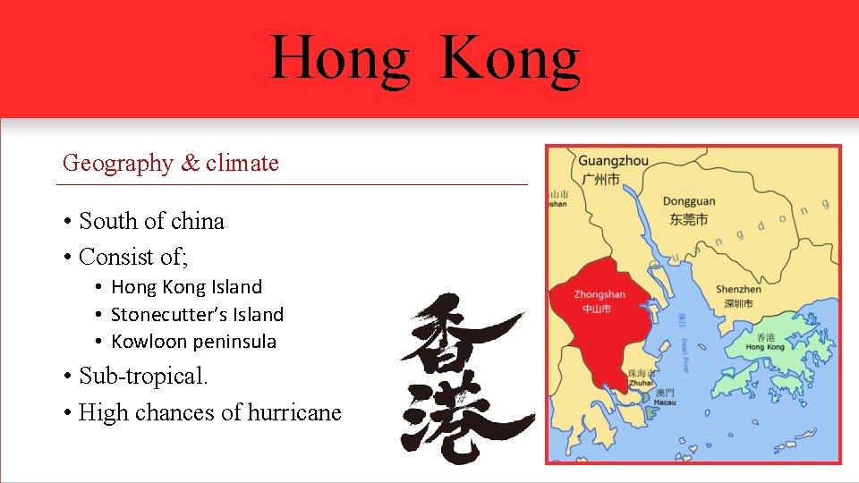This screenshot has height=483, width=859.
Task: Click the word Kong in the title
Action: pos(510,59)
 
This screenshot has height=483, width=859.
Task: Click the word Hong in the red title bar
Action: pos(339,59)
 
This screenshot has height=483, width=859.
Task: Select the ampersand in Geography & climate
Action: pos(190,164)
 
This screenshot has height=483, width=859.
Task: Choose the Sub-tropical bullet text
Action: pos(143,376)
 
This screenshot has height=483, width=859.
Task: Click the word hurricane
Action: pos(296,412)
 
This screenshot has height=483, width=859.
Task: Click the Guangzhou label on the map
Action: pos(613,161)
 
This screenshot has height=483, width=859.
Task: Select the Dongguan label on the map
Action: pos(689,202)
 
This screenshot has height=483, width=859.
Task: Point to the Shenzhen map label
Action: pos(738,289)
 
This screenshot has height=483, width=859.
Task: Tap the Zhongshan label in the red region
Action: pos(599,294)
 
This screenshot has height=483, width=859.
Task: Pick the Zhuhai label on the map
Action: pos(642,382)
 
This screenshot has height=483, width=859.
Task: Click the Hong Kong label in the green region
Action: pos(765,347)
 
